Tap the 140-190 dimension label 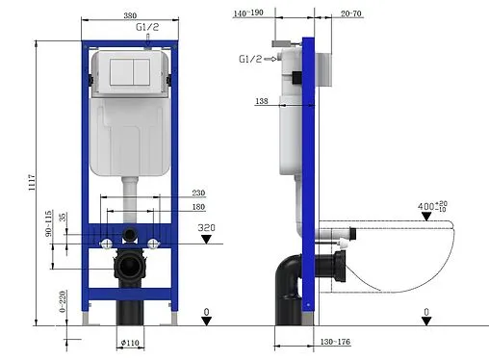click(248, 14)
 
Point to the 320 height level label click(205, 228)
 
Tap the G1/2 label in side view click(250, 59)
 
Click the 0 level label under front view click(207, 312)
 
